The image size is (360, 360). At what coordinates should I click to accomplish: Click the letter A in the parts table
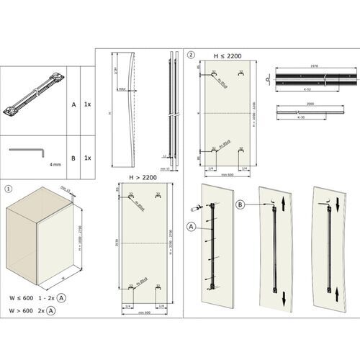pyautogui.click(x=73, y=104)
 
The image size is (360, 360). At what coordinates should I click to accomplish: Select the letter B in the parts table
pyautogui.click(x=73, y=158)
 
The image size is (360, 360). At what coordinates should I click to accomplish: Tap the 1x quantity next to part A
pyautogui.click(x=87, y=104)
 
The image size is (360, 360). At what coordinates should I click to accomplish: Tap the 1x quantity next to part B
pyautogui.click(x=87, y=158)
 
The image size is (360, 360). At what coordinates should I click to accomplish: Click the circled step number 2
pyautogui.click(x=190, y=54)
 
